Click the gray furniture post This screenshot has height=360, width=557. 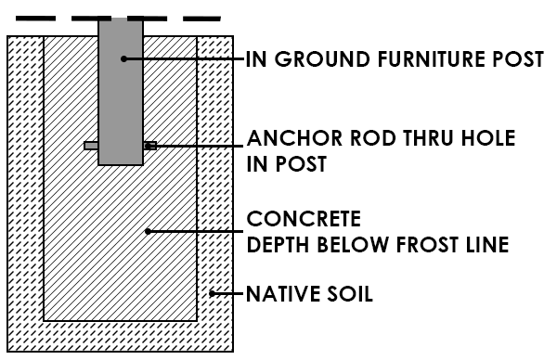121,93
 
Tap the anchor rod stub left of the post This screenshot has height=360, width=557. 91,146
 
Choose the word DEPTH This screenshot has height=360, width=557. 276,245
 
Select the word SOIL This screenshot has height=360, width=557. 349,297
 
